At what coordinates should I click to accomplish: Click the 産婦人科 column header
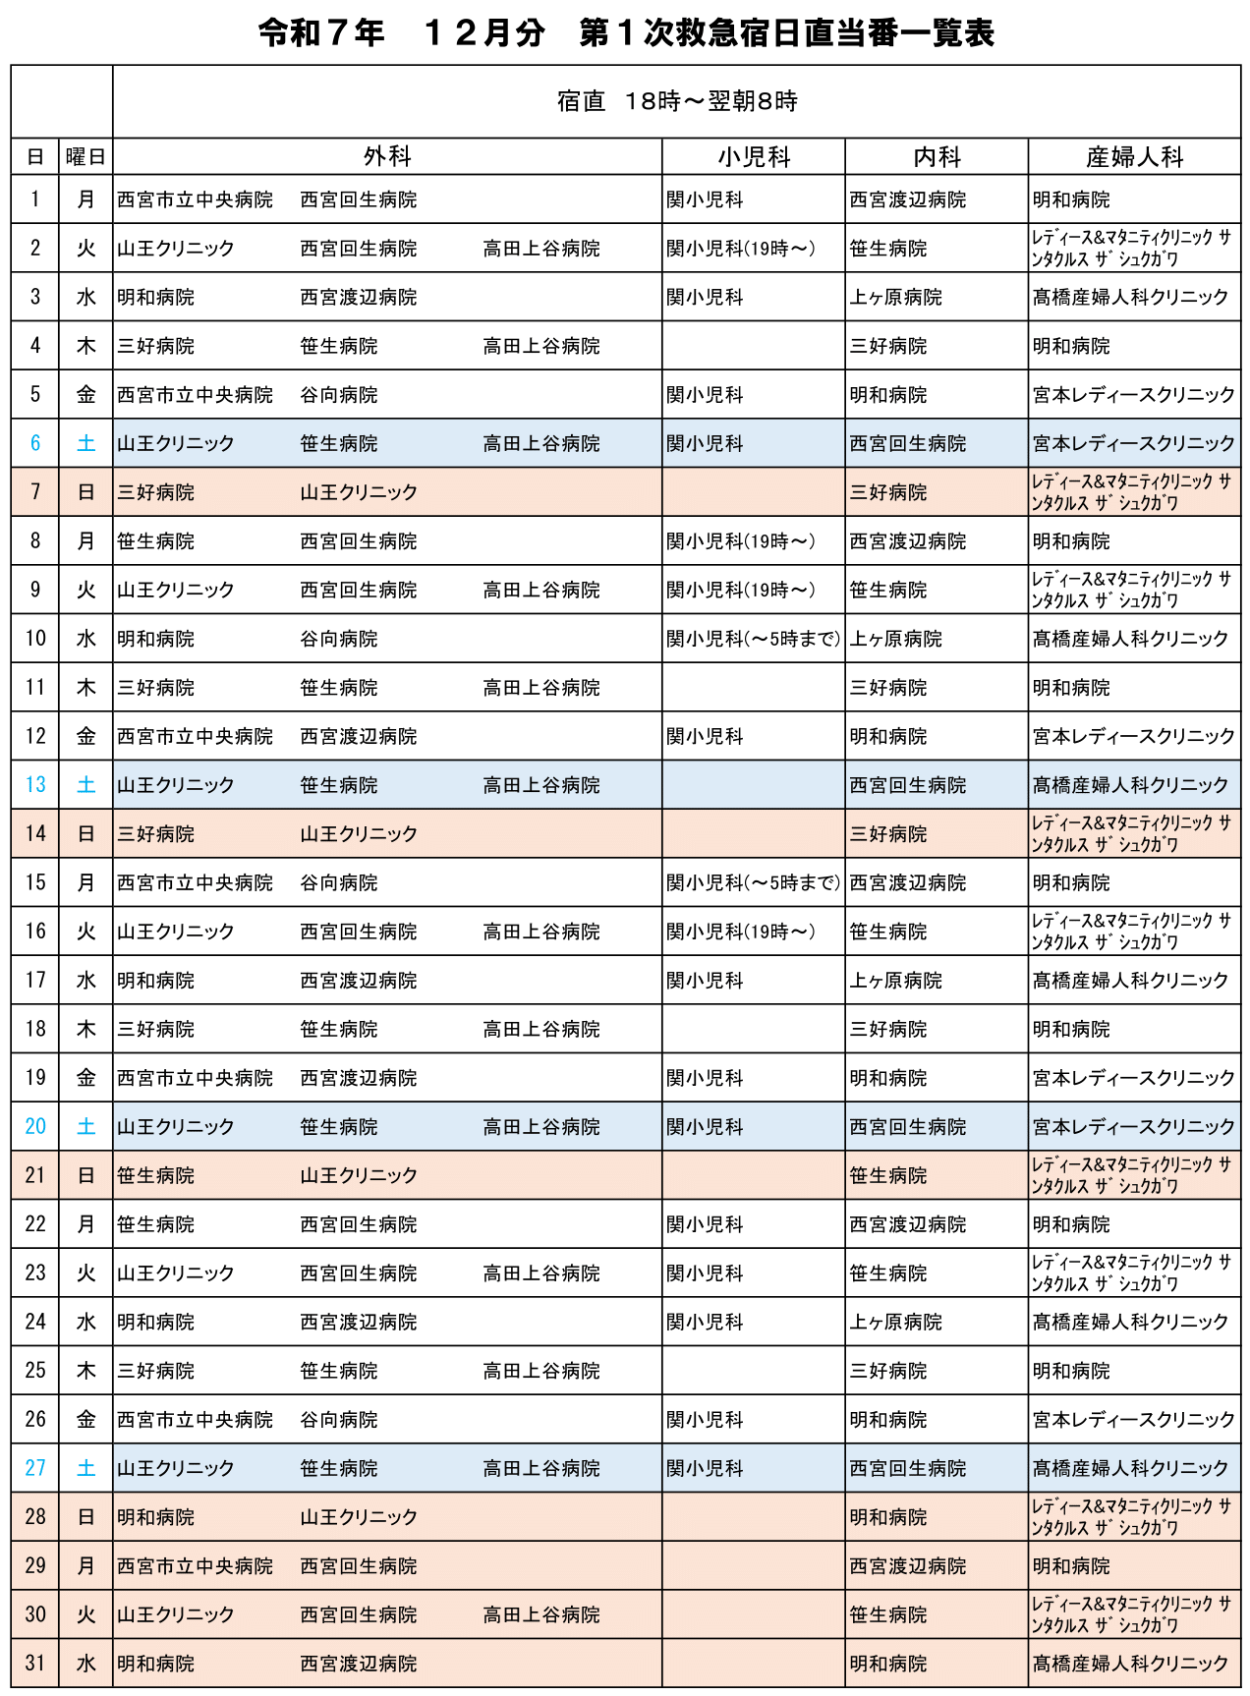tap(1134, 157)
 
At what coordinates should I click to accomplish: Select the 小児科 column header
tap(753, 157)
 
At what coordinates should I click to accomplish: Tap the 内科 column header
tap(936, 157)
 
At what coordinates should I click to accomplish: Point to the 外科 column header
tap(387, 157)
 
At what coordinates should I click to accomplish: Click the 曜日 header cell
tap(85, 157)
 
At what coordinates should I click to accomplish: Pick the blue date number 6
tap(35, 444)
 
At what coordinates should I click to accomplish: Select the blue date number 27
tap(35, 1469)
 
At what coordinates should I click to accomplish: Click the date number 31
tap(35, 1664)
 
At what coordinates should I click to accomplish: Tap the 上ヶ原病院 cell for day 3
tap(895, 298)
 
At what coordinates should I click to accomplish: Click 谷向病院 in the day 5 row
tap(339, 395)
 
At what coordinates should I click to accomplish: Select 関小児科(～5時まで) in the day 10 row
tap(753, 640)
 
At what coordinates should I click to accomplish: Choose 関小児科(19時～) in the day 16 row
tap(741, 932)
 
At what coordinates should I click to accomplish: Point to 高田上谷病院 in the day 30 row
tap(541, 1615)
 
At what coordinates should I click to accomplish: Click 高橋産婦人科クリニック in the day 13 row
tap(1130, 786)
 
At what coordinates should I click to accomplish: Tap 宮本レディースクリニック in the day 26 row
tap(1133, 1420)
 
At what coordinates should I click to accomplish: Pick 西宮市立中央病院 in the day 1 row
tap(195, 200)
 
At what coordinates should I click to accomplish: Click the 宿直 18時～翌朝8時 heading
tap(676, 101)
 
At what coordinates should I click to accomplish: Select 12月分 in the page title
tap(483, 33)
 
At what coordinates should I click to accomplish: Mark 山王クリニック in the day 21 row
tap(359, 1176)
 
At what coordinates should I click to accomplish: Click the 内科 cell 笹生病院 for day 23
tap(888, 1273)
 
